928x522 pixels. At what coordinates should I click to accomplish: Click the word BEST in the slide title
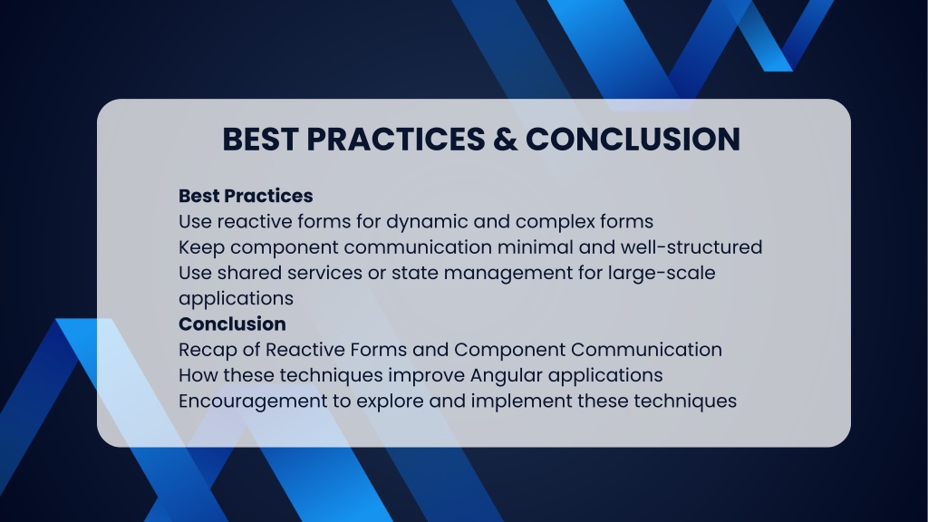pos(260,140)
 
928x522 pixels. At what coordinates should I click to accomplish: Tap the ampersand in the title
pos(504,140)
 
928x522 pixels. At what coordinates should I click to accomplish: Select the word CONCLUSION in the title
pos(633,140)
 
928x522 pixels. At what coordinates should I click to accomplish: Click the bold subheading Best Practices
pos(246,196)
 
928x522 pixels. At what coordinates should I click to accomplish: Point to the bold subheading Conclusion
pos(232,324)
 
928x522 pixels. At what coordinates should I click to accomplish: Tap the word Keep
pos(202,247)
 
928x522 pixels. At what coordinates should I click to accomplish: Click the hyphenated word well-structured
pos(691,247)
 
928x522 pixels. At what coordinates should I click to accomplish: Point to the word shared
pos(248,273)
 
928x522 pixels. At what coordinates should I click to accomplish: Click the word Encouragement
pos(253,401)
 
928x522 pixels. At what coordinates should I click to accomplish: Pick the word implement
pos(521,401)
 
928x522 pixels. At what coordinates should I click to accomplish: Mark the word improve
pos(426,376)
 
